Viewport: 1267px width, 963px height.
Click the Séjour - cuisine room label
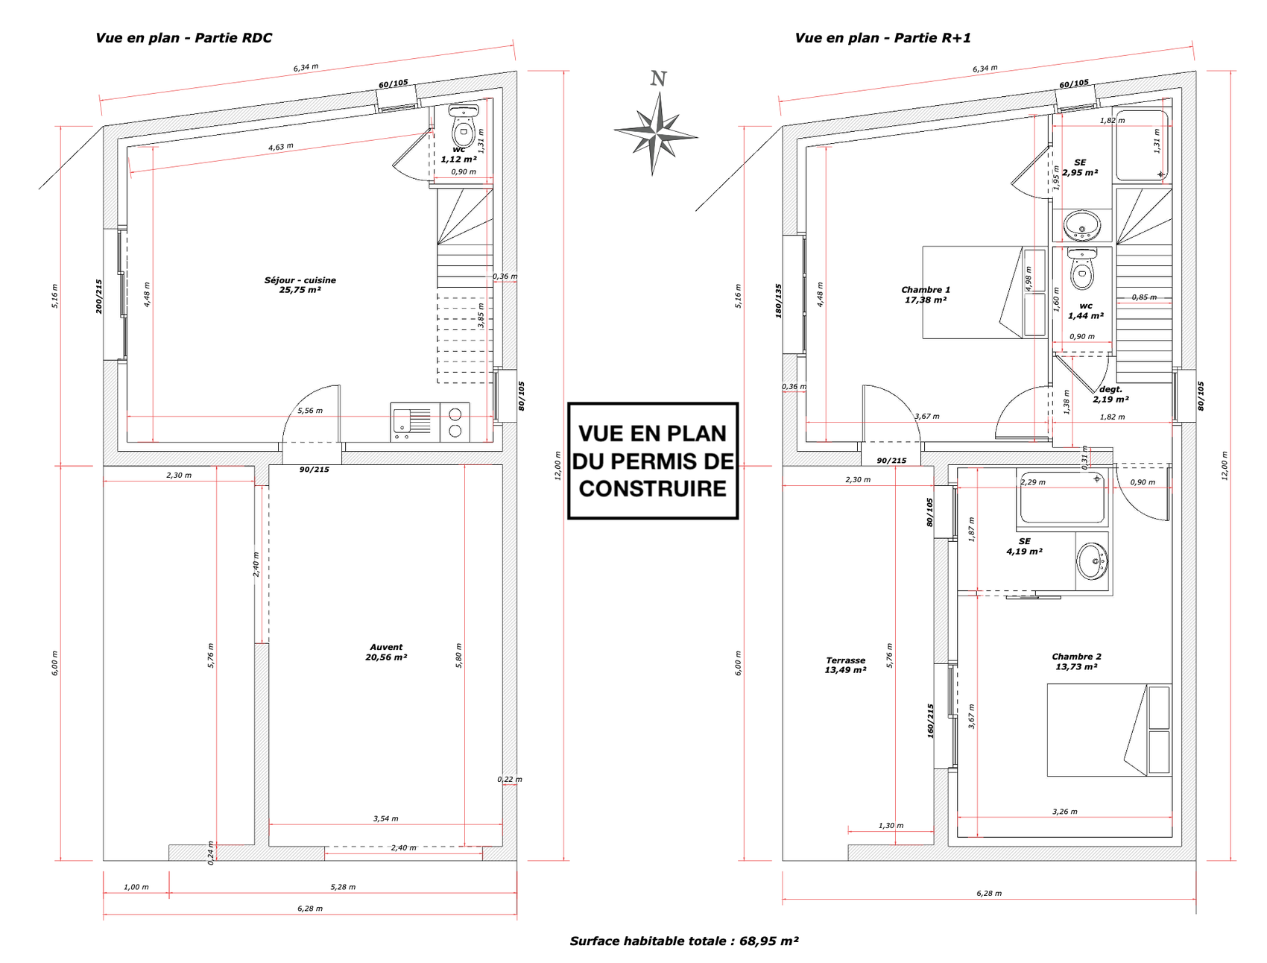(300, 285)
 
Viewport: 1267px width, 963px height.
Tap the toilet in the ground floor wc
(464, 128)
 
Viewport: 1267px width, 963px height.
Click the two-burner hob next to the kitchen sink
(455, 422)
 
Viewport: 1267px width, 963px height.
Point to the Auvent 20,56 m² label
(386, 652)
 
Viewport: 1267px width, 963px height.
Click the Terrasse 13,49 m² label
(845, 665)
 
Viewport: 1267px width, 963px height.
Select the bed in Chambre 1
(973, 292)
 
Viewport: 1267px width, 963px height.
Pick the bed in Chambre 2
(1109, 730)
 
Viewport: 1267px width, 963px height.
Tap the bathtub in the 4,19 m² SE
(1064, 496)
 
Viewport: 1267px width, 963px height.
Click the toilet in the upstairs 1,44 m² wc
(1081, 270)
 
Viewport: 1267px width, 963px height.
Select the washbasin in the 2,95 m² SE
(1081, 225)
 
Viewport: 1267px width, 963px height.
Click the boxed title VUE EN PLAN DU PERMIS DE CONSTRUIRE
(653, 461)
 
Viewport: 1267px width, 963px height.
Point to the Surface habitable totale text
(683, 941)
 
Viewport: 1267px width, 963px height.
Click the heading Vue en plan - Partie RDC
(183, 38)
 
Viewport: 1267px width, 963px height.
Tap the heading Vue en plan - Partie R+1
(882, 38)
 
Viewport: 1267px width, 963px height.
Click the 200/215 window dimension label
(98, 297)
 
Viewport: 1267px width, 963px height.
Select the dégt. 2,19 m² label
(1110, 394)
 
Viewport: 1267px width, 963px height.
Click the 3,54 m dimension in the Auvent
(385, 818)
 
